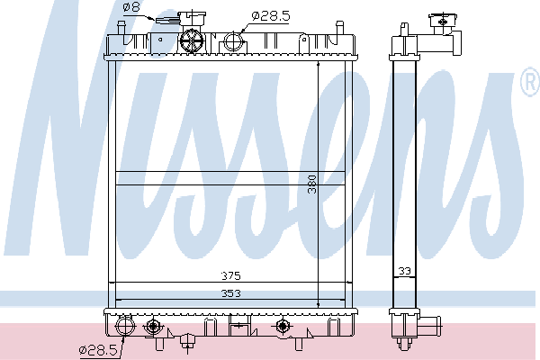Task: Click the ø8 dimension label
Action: click(x=131, y=7)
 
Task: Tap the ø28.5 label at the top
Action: click(x=271, y=16)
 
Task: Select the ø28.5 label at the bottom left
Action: click(x=98, y=350)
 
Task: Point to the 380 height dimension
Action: click(x=312, y=184)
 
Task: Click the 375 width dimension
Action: click(x=230, y=275)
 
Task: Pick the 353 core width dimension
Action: click(x=230, y=293)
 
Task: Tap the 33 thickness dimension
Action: click(x=405, y=271)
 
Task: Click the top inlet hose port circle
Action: click(x=234, y=41)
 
